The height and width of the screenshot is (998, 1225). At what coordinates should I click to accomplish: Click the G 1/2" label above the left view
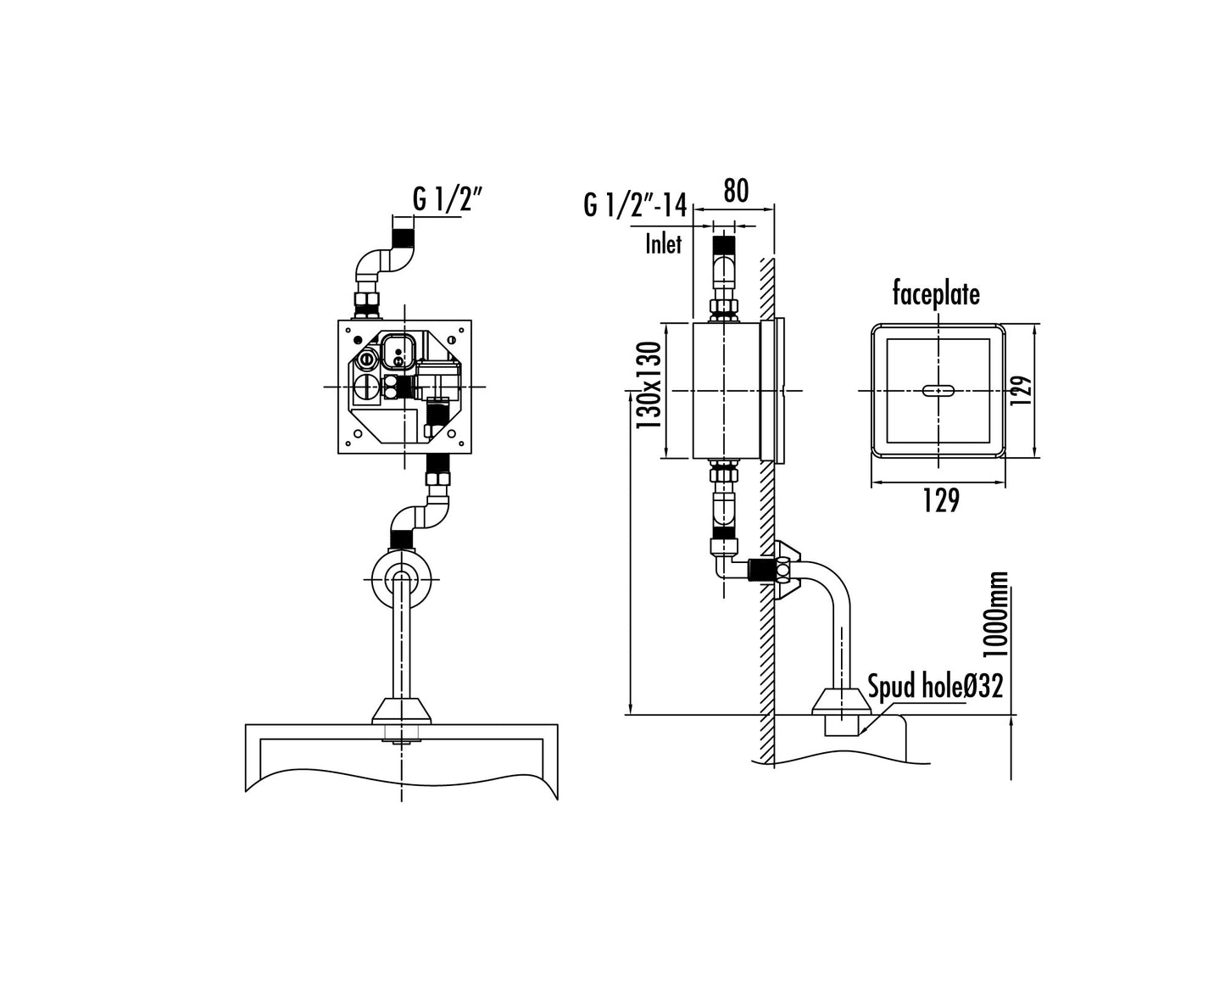(x=446, y=199)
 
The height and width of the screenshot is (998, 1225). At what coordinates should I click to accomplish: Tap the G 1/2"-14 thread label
(x=635, y=205)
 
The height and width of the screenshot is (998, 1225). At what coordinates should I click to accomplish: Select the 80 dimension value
(x=736, y=191)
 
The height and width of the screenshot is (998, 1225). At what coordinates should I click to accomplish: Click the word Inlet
(x=663, y=244)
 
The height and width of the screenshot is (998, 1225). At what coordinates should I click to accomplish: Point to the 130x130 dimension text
(x=649, y=385)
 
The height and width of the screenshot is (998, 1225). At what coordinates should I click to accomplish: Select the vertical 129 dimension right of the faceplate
(x=1021, y=391)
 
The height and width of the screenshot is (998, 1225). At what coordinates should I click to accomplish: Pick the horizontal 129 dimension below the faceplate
(x=942, y=500)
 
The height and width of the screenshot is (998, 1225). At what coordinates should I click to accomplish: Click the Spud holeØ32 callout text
(x=935, y=686)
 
